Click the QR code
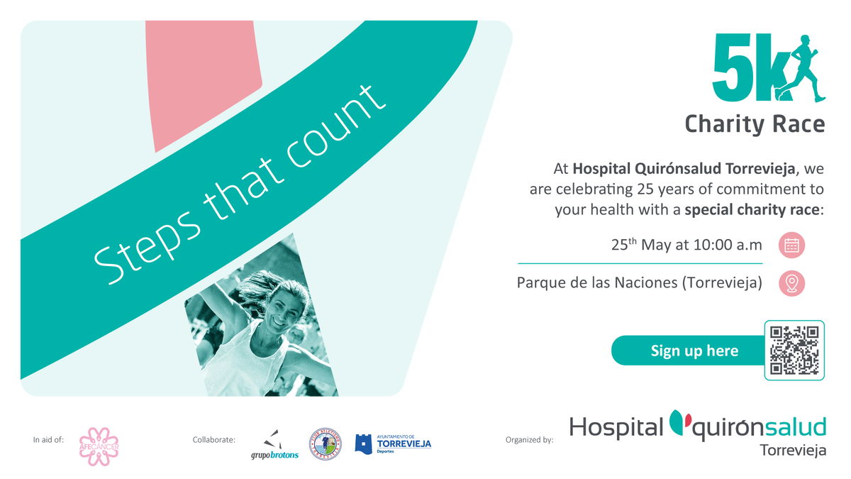point(794,350)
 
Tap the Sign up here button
point(694,351)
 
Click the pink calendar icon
point(791,246)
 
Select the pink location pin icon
point(791,283)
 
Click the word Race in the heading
point(799,124)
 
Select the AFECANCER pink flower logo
point(98,446)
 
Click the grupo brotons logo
point(274,445)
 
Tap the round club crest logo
point(325,444)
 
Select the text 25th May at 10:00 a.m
point(686,246)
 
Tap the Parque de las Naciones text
point(639,283)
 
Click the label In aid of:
point(48,440)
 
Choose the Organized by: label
point(529,440)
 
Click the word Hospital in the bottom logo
point(616,427)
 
